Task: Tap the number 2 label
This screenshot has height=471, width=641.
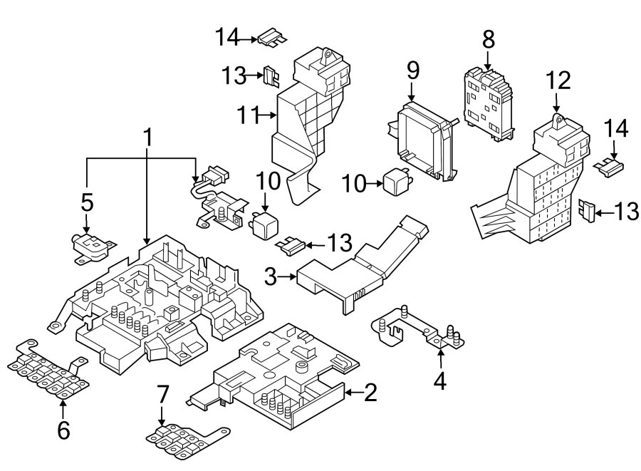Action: (x=370, y=393)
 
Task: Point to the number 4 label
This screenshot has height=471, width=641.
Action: (x=440, y=382)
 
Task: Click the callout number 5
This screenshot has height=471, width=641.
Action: (x=86, y=202)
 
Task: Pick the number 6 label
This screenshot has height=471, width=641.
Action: (x=63, y=430)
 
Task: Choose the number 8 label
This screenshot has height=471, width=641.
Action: (x=488, y=40)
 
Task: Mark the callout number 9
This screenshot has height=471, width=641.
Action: (x=413, y=71)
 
